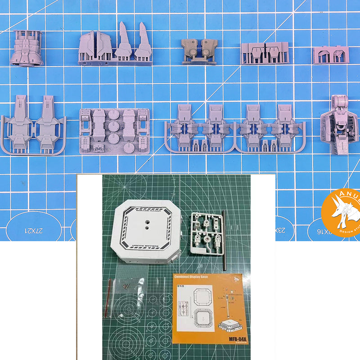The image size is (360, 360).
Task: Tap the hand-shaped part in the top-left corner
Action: point(27,49)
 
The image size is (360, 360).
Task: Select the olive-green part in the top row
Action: point(199,50)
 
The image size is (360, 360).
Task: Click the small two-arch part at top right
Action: point(331,55)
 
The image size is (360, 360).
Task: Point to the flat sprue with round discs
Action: point(114,130)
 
